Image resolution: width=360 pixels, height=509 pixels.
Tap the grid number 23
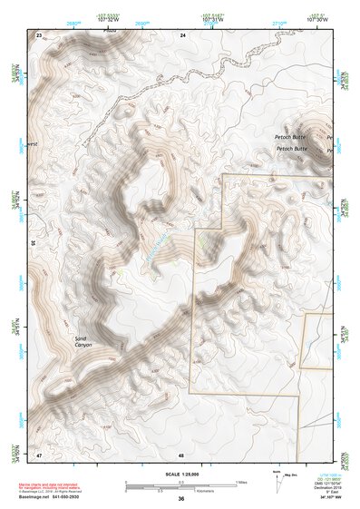coord(39,34)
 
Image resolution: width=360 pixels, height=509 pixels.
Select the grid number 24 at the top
coord(183,34)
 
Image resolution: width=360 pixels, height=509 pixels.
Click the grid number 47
coord(39,453)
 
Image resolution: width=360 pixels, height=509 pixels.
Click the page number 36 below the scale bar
coord(181,499)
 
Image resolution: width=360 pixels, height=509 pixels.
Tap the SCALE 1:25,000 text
coord(181,475)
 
